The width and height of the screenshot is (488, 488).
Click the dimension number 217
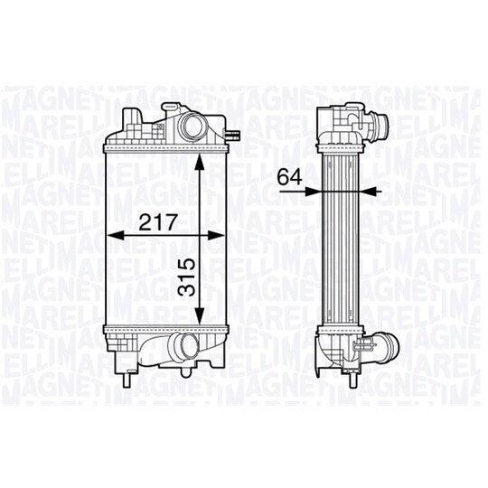click(x=158, y=221)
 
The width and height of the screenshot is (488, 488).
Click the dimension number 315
click(x=188, y=277)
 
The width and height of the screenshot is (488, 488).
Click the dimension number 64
click(x=289, y=178)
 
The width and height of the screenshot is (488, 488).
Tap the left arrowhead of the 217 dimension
click(x=116, y=236)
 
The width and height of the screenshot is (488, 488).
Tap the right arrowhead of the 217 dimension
click(x=216, y=236)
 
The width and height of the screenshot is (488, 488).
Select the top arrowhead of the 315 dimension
click(x=200, y=162)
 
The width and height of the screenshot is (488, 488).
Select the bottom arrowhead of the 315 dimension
click(x=200, y=314)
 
